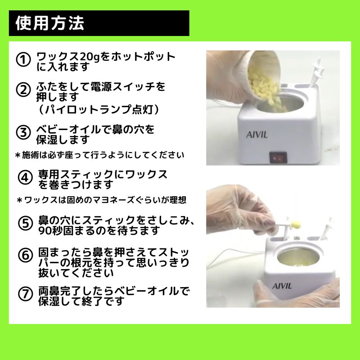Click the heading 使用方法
[50, 23]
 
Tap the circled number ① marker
[23, 60]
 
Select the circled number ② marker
[23, 90]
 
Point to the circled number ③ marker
[23, 132]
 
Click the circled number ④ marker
[25, 178]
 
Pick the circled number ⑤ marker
[25, 223]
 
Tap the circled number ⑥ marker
[25, 255]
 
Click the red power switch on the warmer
[278, 157]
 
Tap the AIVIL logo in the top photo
[257, 135]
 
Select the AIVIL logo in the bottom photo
[282, 286]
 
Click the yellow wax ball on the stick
[296, 224]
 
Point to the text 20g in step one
[90, 57]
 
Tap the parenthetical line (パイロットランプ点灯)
[98, 109]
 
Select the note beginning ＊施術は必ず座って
[99, 155]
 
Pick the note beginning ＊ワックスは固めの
[102, 200]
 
